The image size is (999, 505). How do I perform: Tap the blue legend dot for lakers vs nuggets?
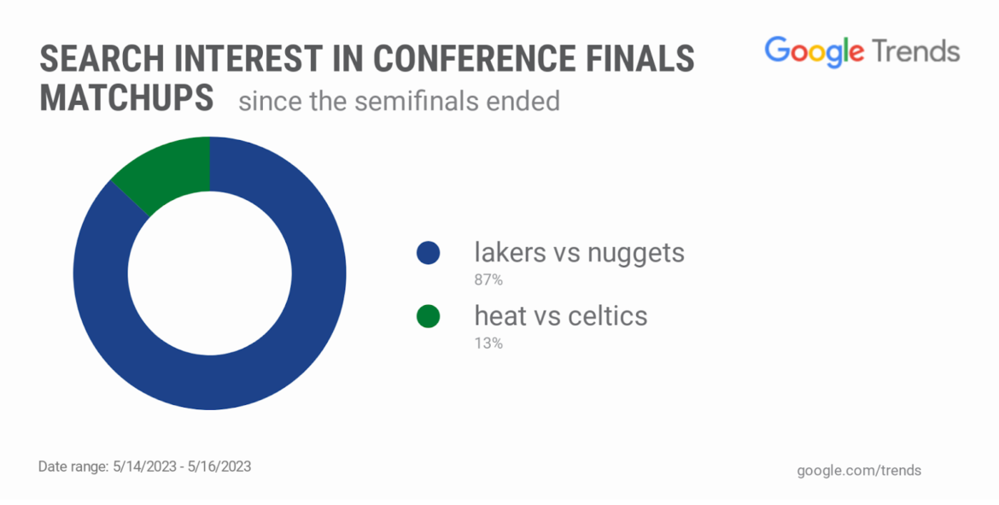[x=428, y=253]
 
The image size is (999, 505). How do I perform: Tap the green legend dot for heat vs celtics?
[x=428, y=316]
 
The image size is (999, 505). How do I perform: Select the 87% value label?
[x=488, y=280]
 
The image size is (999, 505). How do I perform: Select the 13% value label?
[x=488, y=344]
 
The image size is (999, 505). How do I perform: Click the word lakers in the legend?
[x=511, y=253]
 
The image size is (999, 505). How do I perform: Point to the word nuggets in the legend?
[x=636, y=255]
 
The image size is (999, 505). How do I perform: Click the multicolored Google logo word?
[x=815, y=51]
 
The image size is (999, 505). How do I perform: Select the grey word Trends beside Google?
[x=916, y=50]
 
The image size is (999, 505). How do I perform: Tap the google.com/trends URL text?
[x=859, y=471]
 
